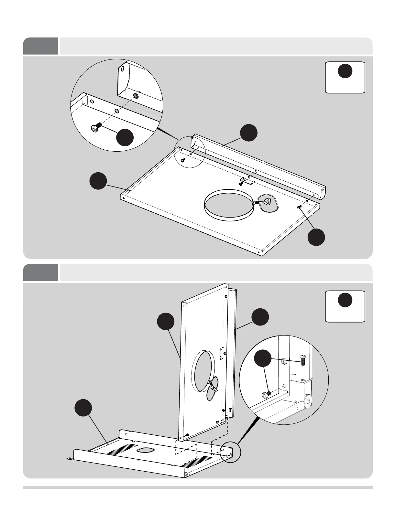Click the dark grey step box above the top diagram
[41, 46]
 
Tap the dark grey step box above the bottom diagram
[41, 272]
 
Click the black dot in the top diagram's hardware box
[345, 71]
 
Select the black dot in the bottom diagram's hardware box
[345, 300]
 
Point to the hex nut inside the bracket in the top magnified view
[136, 95]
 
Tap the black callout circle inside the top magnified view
[125, 138]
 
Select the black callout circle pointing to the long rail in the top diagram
[249, 133]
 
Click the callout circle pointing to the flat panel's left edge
[98, 181]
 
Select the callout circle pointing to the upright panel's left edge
[166, 321]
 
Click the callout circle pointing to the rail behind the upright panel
[260, 317]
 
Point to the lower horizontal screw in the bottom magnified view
[266, 394]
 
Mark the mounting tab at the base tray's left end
[69, 459]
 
